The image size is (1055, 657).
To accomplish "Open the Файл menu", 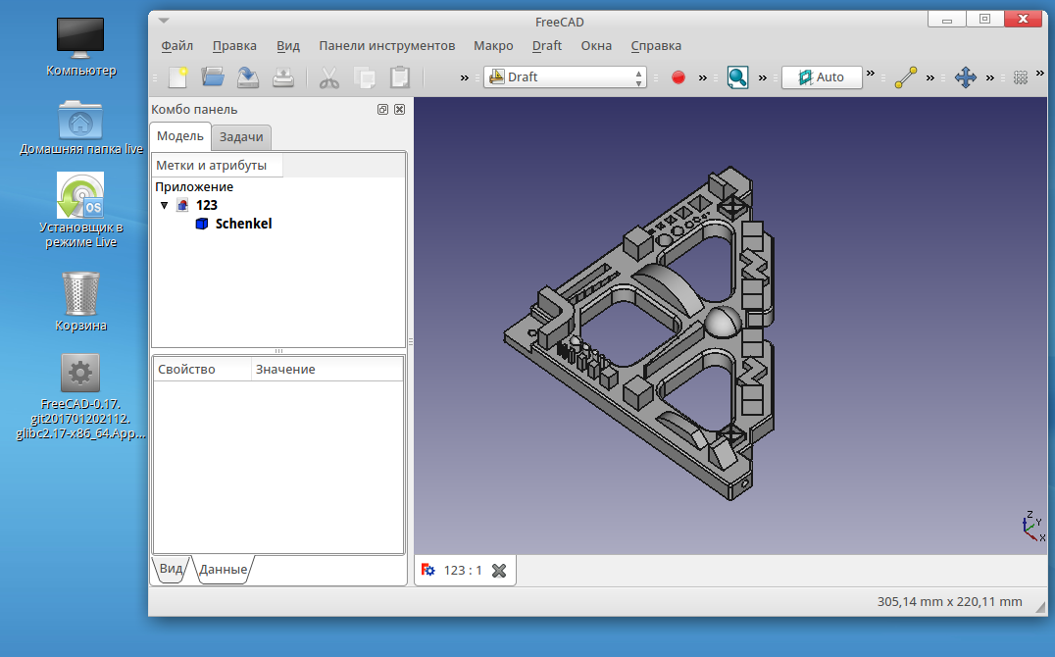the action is point(176,46).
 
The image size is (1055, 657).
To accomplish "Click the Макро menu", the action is point(493,46).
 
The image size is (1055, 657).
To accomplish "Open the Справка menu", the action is point(656,46).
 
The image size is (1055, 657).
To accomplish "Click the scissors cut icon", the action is point(329,77).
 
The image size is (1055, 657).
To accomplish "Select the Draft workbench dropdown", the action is point(565,76).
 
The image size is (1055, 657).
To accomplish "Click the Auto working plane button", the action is point(822,76).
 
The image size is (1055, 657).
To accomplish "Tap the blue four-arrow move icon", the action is point(966,77).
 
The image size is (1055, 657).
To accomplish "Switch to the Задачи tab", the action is point(241,136).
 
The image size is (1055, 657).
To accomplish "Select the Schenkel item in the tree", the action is point(243,224).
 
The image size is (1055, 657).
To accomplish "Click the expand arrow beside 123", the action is point(164,205).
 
